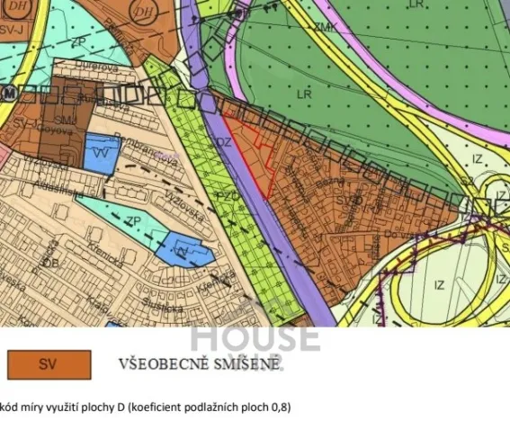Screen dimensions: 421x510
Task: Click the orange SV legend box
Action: [x=49, y=364]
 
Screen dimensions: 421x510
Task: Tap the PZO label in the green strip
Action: [x=227, y=196]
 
